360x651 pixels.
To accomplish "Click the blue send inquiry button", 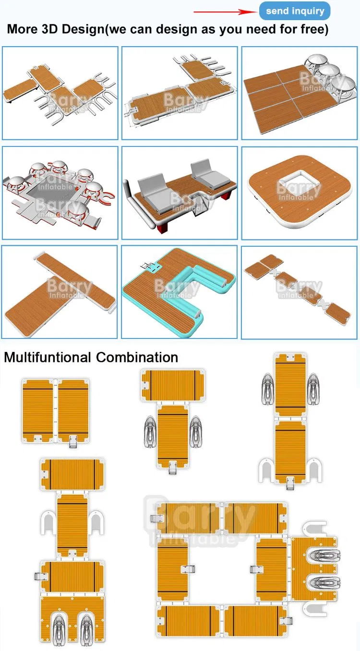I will pyautogui.click(x=295, y=11).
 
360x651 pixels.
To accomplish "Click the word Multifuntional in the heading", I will pyautogui.click(x=48, y=357).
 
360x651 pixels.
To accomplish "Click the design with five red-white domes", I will pyautogui.click(x=60, y=193).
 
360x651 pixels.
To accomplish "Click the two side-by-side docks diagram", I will pyautogui.click(x=56, y=410).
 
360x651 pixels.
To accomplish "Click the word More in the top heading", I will pyautogui.click(x=22, y=29).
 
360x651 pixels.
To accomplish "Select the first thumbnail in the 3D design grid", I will pyautogui.click(x=60, y=93).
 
